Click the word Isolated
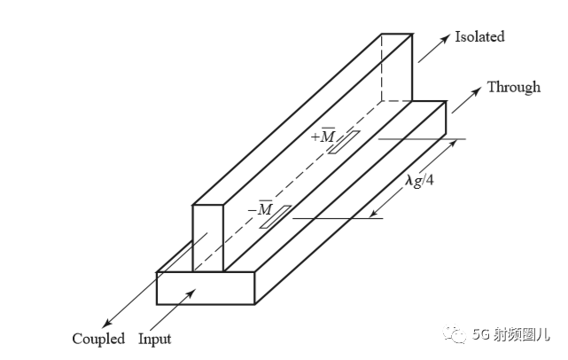coord(479,36)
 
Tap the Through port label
coord(514,87)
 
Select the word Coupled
coord(98,339)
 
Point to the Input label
coord(155,339)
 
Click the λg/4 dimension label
coord(419,180)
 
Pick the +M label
coord(323,136)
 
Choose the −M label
coord(261,208)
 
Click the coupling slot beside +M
coord(344,142)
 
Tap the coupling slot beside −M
coord(276,217)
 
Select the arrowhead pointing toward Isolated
coord(446,38)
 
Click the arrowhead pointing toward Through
coord(477,90)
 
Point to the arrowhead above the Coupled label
coord(106,323)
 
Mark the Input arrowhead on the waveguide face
coord(191,293)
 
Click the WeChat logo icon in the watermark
coord(455,333)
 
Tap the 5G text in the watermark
coord(480,334)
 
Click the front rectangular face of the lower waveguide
coord(206,288)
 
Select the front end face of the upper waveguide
coord(208,239)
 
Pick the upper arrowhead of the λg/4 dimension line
coord(453,144)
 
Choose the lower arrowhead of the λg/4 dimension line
coord(373,214)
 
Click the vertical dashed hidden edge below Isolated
coord(381,67)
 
